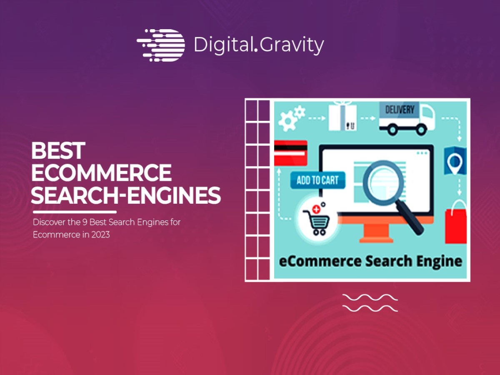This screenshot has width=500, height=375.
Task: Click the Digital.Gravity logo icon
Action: click(x=161, y=45)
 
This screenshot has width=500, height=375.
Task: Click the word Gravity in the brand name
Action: click(x=292, y=45)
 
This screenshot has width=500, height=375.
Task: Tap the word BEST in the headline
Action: click(x=58, y=150)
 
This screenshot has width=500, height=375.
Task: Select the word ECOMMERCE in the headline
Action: click(x=101, y=173)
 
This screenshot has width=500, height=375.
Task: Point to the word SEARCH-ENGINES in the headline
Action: click(x=126, y=195)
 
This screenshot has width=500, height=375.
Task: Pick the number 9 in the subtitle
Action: click(x=85, y=222)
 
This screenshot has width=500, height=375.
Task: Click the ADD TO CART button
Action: click(x=318, y=180)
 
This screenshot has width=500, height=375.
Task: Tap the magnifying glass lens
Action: click(x=383, y=181)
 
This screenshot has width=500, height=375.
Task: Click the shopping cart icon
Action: click(x=316, y=220)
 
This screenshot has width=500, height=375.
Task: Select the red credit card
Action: click(x=291, y=153)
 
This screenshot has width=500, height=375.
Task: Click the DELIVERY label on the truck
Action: click(x=400, y=110)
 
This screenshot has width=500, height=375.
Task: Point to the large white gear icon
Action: click(x=287, y=121)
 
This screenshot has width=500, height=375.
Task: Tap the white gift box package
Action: click(x=342, y=116)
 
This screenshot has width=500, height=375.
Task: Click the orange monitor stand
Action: click(x=376, y=232)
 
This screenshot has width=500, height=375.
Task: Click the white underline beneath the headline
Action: click(x=75, y=212)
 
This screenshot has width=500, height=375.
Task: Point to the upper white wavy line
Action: click(x=370, y=297)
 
